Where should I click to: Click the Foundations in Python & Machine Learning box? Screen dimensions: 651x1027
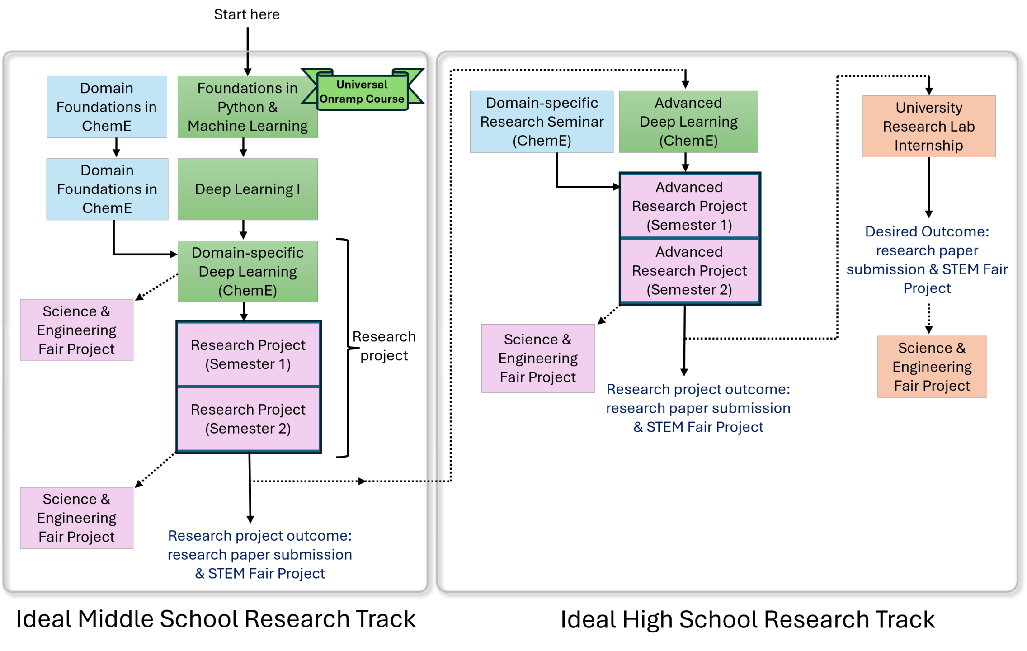pyautogui.click(x=247, y=107)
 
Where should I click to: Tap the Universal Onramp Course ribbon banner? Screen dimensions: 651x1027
pyautogui.click(x=362, y=92)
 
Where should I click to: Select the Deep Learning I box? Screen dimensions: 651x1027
pyautogui.click(x=247, y=189)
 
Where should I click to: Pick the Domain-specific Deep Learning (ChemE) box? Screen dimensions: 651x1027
pyautogui.click(x=247, y=271)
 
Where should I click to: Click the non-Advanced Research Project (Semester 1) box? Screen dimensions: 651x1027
pyautogui.click(x=248, y=354)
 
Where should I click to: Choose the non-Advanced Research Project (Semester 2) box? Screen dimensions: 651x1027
pyautogui.click(x=248, y=419)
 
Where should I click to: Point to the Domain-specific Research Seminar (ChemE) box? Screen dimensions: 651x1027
pyautogui.click(x=542, y=122)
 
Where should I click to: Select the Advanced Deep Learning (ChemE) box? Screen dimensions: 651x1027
pyautogui.click(x=688, y=122)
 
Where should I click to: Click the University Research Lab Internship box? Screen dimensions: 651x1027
pyautogui.click(x=929, y=126)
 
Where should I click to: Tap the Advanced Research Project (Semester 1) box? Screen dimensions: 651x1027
pyautogui.click(x=689, y=206)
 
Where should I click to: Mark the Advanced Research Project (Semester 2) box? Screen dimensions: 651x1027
pyautogui.click(x=689, y=270)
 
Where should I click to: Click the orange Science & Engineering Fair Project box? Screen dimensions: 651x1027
pyautogui.click(x=932, y=367)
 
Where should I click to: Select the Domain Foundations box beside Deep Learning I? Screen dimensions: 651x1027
pyautogui.click(x=107, y=189)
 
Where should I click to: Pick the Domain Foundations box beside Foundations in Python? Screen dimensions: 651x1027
pyautogui.click(x=107, y=107)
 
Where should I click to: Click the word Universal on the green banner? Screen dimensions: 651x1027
pyautogui.click(x=362, y=85)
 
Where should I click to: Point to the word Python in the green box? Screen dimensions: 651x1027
pyautogui.click(x=241, y=107)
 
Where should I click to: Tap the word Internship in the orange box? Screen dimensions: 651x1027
pyautogui.click(x=928, y=146)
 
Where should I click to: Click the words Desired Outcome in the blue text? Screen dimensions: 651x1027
pyautogui.click(x=927, y=231)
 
